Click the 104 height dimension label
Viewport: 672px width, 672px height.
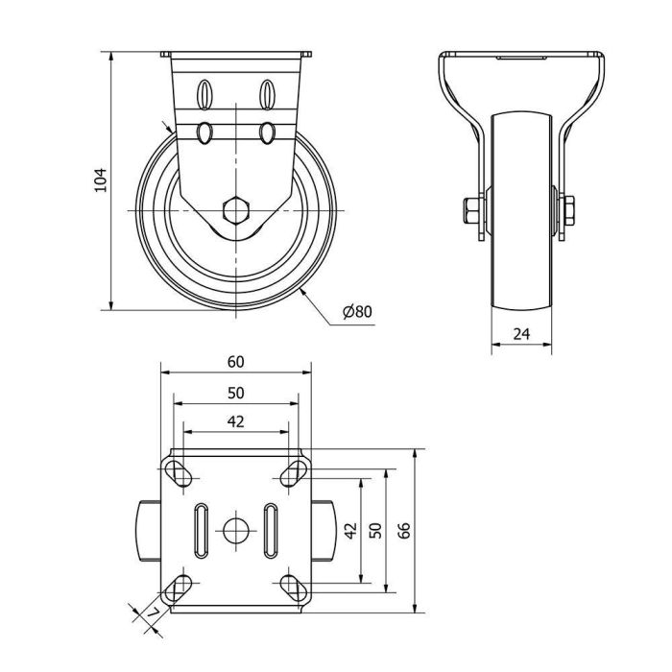tap(100, 180)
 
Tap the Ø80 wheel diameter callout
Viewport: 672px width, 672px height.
tap(356, 310)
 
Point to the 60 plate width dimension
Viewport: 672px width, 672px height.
tap(235, 362)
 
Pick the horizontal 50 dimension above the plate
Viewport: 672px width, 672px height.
tap(235, 393)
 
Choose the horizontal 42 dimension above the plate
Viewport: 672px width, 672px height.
tap(235, 420)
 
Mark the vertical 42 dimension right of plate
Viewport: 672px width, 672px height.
tap(350, 530)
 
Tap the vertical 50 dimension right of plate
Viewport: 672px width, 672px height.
tap(375, 530)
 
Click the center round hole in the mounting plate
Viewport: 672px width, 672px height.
tap(235, 529)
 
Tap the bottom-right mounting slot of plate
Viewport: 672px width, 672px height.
tap(293, 586)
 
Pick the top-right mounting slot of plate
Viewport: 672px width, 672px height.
tap(293, 471)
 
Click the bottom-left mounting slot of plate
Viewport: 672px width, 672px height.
tap(178, 586)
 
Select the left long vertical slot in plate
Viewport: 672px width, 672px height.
tap(201, 529)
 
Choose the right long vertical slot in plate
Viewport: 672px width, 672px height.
tap(270, 529)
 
